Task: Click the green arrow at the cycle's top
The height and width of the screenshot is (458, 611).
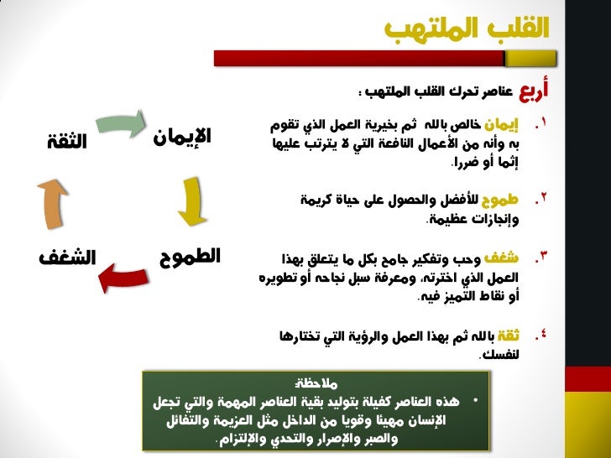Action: point(121,122)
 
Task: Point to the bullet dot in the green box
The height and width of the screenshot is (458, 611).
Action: point(476,400)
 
